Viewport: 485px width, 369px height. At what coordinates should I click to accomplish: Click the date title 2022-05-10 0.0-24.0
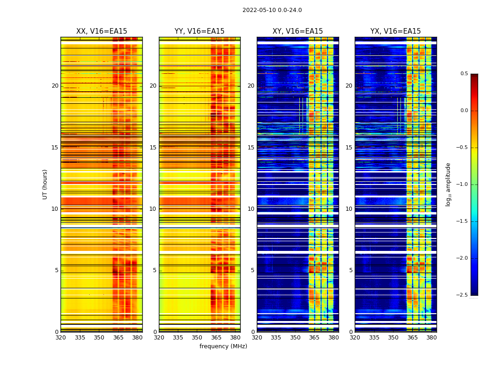tap(272, 10)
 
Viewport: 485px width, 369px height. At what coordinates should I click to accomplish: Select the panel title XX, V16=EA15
tap(102, 31)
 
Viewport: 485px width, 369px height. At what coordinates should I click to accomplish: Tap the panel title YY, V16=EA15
tap(200, 31)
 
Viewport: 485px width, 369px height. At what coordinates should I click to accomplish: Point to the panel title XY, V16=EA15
tap(297, 31)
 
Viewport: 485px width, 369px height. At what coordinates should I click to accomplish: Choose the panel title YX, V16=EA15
tap(395, 31)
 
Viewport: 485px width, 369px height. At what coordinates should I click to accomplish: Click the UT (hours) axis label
tap(45, 184)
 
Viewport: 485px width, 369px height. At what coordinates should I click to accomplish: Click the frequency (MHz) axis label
tap(223, 346)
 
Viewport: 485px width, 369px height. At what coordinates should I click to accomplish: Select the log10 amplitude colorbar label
tap(448, 184)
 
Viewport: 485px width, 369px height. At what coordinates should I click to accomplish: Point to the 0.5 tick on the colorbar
tap(464, 74)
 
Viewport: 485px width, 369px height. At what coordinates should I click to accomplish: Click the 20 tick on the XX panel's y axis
tap(55, 86)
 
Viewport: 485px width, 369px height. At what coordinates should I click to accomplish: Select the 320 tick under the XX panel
tap(61, 338)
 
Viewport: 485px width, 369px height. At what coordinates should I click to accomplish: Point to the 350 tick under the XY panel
tap(295, 338)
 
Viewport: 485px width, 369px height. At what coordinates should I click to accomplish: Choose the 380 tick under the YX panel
tap(431, 338)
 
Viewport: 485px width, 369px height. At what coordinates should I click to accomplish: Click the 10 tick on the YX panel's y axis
tap(349, 209)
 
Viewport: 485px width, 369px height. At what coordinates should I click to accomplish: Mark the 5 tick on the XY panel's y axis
tap(252, 270)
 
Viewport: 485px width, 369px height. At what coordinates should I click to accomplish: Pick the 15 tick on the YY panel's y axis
tap(153, 148)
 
